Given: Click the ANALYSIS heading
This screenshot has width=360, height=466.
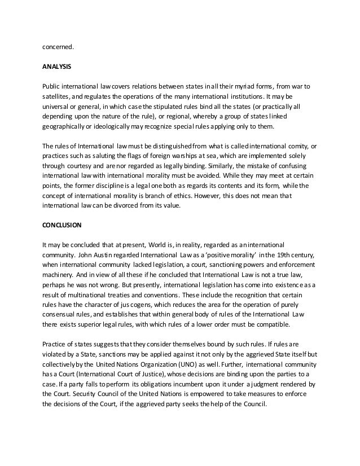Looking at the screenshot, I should click(x=56, y=66).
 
